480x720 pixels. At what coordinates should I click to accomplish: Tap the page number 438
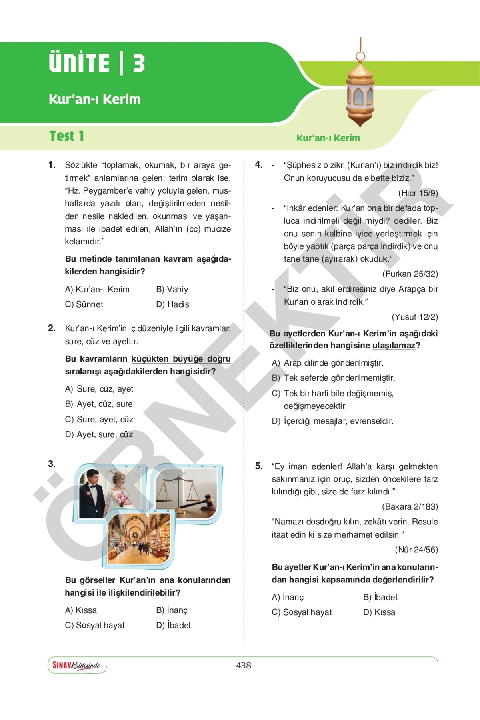pos(243,665)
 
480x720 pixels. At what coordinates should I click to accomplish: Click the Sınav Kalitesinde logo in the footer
pos(76,665)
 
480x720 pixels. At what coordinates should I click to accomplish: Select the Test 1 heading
pos(67,136)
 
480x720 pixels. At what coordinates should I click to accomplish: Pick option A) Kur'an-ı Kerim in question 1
pos(97,289)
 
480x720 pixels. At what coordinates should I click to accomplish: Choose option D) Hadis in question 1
pos(172,304)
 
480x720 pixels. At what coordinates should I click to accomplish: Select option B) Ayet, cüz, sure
pos(99,404)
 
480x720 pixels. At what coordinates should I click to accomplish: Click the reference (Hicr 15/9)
pos(418,193)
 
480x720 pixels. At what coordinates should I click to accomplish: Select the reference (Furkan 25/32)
pos(410,274)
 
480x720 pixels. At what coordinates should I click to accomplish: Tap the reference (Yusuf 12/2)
pos(415,317)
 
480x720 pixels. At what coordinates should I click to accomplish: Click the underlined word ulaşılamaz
pos(394,346)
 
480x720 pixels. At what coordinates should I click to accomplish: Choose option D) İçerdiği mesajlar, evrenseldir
pos(333,421)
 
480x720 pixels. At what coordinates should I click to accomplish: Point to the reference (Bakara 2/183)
pos(410,506)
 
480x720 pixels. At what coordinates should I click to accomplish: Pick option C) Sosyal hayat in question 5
pos(302,612)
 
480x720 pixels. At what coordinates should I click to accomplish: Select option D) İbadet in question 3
pos(173,625)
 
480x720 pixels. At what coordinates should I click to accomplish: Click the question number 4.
pos(259,165)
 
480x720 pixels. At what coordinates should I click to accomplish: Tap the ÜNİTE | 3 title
pos(97,63)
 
